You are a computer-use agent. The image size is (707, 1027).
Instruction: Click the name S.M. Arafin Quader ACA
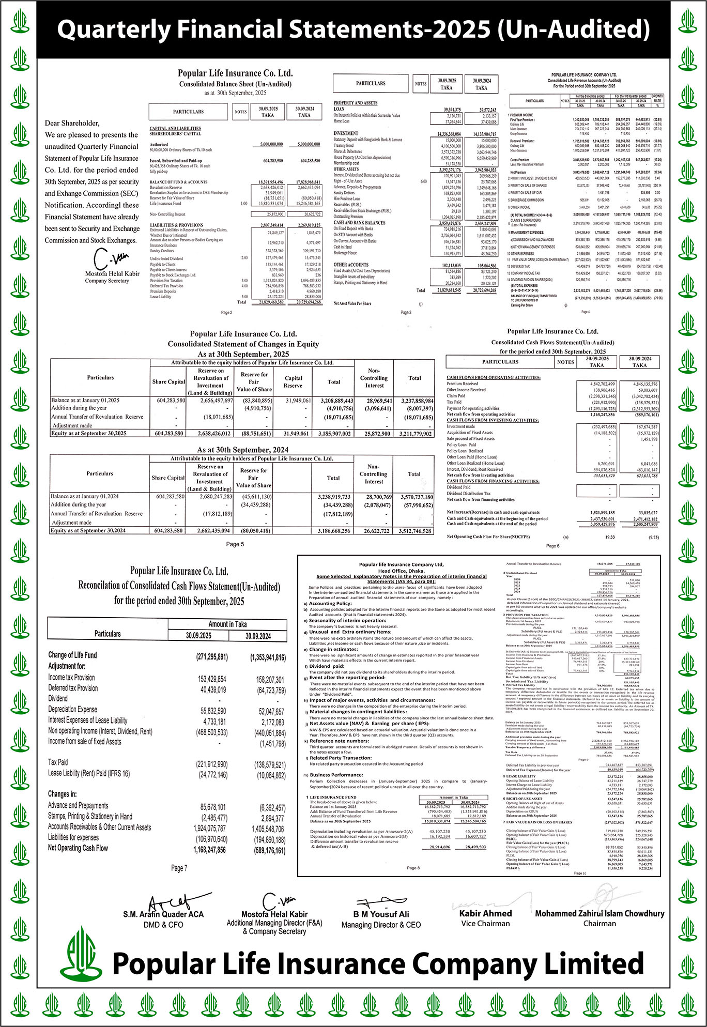pos(163,914)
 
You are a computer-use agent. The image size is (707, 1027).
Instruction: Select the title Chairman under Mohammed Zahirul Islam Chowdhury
pos(600,923)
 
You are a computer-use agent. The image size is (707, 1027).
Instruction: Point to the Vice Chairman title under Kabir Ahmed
pos(485,923)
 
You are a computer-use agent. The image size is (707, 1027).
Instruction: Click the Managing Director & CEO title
pos(381,925)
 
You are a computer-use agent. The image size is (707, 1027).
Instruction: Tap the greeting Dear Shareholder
pos(72,123)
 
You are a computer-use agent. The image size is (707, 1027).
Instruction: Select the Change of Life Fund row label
pos(72,655)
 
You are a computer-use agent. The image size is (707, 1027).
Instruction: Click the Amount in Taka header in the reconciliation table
pos(227,624)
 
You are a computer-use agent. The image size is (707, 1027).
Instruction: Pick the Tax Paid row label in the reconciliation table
pos(58,762)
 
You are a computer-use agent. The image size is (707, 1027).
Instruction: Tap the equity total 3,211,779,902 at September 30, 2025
pos(416,434)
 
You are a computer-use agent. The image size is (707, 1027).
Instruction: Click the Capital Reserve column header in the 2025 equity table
pos(293,381)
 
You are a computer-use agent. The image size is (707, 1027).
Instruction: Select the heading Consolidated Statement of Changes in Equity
pos(243,344)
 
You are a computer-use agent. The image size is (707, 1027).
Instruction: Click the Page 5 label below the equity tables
pos(235,544)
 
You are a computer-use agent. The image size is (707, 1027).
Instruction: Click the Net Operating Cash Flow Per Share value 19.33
pos(610,537)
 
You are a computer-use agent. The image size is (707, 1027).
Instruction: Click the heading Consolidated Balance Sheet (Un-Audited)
pos(235,84)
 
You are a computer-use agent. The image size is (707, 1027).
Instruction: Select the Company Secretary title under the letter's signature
pos(107,281)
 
